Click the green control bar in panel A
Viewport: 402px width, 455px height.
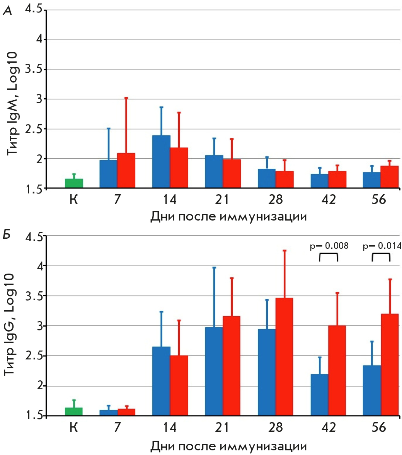coord(74,183)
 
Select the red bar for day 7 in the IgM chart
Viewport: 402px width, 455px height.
coord(126,171)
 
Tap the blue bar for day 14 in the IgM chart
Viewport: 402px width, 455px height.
coord(162,162)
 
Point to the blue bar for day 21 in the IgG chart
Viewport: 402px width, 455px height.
coord(214,371)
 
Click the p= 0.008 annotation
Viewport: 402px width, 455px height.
coord(329,245)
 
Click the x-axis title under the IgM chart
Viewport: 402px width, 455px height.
coord(228,217)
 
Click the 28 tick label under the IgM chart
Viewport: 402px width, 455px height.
coord(275,200)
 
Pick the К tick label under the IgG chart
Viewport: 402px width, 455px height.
coord(74,428)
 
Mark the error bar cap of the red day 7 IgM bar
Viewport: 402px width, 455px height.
coord(126,98)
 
